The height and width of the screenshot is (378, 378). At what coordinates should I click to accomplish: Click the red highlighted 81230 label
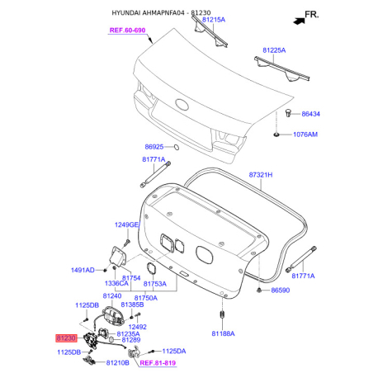click(x=66, y=338)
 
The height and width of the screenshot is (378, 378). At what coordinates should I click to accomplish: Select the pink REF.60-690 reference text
click(x=127, y=31)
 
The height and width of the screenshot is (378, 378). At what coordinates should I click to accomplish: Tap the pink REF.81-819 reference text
click(x=158, y=363)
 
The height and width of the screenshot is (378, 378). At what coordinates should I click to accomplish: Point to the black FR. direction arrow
click(x=299, y=21)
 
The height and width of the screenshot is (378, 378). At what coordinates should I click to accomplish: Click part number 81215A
click(x=214, y=20)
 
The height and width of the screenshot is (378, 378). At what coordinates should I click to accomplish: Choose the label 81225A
click(x=274, y=50)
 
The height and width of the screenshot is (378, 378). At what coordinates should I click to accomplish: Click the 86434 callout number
click(x=310, y=114)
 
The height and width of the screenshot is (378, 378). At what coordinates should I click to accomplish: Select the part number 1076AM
click(x=305, y=135)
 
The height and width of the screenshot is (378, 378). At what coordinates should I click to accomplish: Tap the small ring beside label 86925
click(x=177, y=148)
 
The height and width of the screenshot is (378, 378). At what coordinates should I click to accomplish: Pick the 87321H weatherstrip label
click(x=261, y=175)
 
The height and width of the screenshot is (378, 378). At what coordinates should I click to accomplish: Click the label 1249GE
click(x=126, y=224)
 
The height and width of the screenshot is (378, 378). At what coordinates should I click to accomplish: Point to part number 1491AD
click(x=83, y=270)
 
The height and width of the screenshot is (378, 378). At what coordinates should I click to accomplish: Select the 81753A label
click(x=155, y=284)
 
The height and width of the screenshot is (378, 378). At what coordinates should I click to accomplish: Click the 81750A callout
click(x=146, y=298)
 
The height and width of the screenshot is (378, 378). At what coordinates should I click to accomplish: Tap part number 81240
click(x=112, y=296)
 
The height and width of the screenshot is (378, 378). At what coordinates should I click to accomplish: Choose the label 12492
click(x=137, y=327)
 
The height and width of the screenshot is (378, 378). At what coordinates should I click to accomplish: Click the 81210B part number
click(x=117, y=363)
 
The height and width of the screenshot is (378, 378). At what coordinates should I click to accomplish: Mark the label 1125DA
click(x=174, y=351)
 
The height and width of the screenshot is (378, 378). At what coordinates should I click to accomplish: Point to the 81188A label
click(x=223, y=333)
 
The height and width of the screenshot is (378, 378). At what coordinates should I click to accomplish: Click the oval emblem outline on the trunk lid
click(x=182, y=105)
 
